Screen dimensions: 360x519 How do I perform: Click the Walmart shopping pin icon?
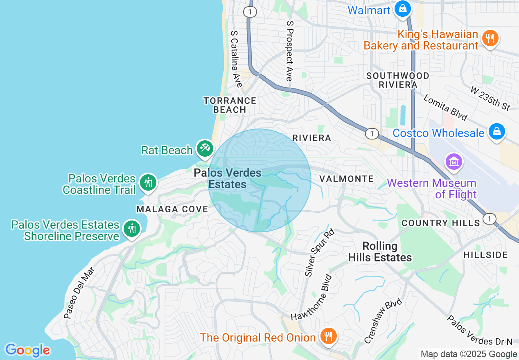(403, 8)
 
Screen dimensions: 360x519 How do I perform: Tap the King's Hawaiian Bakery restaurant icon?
(490, 39)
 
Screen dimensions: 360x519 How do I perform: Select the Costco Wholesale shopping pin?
(496, 132)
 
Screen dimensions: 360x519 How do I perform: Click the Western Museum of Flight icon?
(454, 162)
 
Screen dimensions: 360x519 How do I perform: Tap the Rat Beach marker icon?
(204, 149)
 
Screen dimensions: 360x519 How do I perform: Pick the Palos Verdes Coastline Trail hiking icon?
(148, 182)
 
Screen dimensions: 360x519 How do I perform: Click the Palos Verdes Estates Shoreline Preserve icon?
(131, 229)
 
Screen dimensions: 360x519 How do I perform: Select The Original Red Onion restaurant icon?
(328, 336)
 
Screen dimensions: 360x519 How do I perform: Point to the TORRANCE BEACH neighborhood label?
(230, 105)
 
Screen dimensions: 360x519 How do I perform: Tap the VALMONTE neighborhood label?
(346, 179)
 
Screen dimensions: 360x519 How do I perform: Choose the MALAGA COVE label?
(172, 209)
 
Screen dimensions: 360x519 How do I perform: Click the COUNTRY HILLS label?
(440, 223)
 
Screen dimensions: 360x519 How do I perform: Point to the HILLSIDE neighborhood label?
(485, 255)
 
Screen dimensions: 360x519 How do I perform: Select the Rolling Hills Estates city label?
(380, 252)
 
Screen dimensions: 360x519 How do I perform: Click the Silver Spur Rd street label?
(319, 252)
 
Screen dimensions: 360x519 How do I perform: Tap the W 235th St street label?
(490, 98)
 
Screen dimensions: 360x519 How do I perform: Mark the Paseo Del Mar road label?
(79, 293)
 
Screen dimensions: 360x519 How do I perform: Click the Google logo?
(27, 350)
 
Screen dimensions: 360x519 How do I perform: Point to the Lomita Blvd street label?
(445, 108)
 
